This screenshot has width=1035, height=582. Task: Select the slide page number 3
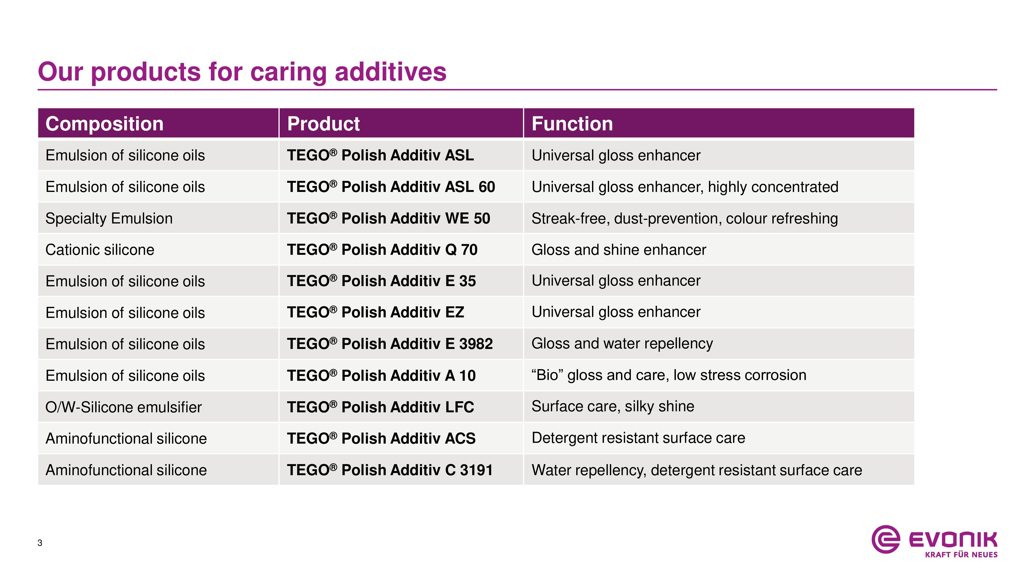pyautogui.click(x=40, y=543)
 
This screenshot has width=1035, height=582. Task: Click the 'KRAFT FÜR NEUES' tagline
pyautogui.click(x=961, y=555)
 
